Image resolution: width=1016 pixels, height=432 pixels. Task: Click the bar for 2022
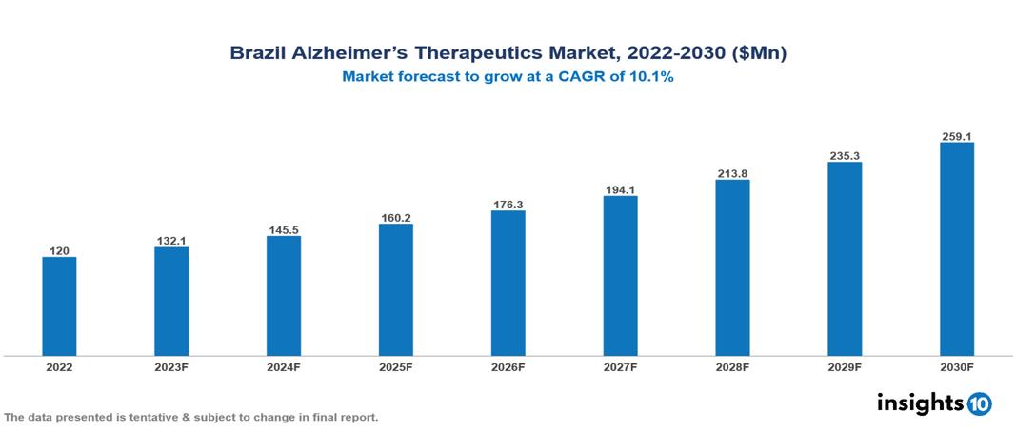[x=59, y=306]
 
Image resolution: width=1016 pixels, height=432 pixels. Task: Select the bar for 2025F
[x=395, y=290]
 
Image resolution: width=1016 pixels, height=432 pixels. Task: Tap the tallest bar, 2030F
[x=956, y=249]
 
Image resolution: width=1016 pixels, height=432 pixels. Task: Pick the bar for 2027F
[x=620, y=276]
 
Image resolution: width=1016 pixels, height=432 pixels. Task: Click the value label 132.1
[x=171, y=240]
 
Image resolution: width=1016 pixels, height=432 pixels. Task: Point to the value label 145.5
[x=284, y=228]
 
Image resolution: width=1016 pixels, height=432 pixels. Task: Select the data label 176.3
[x=508, y=203]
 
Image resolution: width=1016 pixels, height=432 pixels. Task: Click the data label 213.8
[x=732, y=172]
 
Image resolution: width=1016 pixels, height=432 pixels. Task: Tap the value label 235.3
[x=845, y=154]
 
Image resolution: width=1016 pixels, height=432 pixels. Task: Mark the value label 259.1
[x=956, y=135]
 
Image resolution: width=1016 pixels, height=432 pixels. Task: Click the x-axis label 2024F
[x=284, y=366]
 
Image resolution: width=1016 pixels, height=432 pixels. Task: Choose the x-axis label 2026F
[x=508, y=366]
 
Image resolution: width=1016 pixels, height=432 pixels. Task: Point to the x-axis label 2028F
[x=732, y=366]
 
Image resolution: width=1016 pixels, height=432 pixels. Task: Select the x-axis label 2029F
[x=845, y=366]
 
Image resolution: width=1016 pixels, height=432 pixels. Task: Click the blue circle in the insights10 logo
[x=979, y=403]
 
